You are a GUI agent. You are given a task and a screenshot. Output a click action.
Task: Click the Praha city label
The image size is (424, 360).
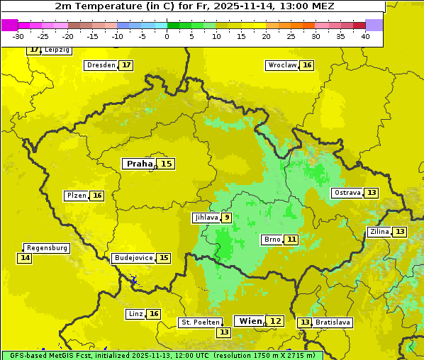139,164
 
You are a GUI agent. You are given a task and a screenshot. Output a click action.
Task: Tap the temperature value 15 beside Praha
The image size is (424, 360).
166,164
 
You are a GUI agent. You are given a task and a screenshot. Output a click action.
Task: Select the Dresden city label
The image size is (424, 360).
101,65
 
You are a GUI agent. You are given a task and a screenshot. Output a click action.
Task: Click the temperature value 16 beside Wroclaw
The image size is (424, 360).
307,65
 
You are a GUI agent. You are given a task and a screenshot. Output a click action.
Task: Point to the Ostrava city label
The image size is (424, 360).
347,193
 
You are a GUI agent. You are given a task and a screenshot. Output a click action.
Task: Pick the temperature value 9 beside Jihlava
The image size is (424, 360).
226,218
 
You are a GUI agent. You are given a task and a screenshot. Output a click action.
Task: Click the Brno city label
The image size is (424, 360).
272,240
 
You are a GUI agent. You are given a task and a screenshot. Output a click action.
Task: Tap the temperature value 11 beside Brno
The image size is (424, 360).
292,240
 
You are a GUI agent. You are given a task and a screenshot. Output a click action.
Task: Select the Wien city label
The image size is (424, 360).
250,321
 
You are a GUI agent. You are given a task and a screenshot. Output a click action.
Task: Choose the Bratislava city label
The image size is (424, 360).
333,322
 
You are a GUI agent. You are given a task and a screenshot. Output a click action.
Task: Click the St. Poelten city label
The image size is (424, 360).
201,322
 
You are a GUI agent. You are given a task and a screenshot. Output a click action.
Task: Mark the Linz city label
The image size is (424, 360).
135,314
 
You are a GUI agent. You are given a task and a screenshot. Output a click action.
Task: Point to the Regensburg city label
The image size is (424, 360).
47,248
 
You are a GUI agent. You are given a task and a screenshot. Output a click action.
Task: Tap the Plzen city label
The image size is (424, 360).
77,196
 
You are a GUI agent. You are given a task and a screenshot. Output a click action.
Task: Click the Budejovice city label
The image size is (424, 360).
133,258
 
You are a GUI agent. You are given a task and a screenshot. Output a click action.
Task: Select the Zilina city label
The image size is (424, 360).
379,232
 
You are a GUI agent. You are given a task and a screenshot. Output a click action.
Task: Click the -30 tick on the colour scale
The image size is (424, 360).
18,36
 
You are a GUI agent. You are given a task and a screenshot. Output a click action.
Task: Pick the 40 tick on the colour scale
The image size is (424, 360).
365,36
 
